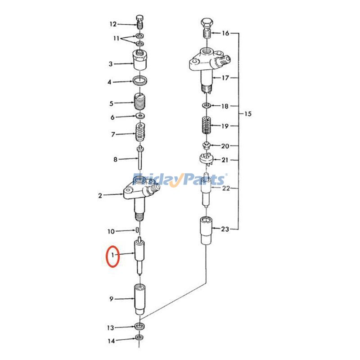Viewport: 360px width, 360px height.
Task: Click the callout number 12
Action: [x=112, y=24]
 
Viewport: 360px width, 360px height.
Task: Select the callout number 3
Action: [x=111, y=64]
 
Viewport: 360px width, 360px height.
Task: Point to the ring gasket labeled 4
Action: [x=141, y=81]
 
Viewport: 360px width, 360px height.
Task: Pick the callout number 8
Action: [x=115, y=159]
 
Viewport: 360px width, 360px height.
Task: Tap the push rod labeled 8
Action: [x=141, y=157]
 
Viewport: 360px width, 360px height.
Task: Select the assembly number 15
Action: [x=247, y=114]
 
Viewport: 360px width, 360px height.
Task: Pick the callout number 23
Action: [x=225, y=229]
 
